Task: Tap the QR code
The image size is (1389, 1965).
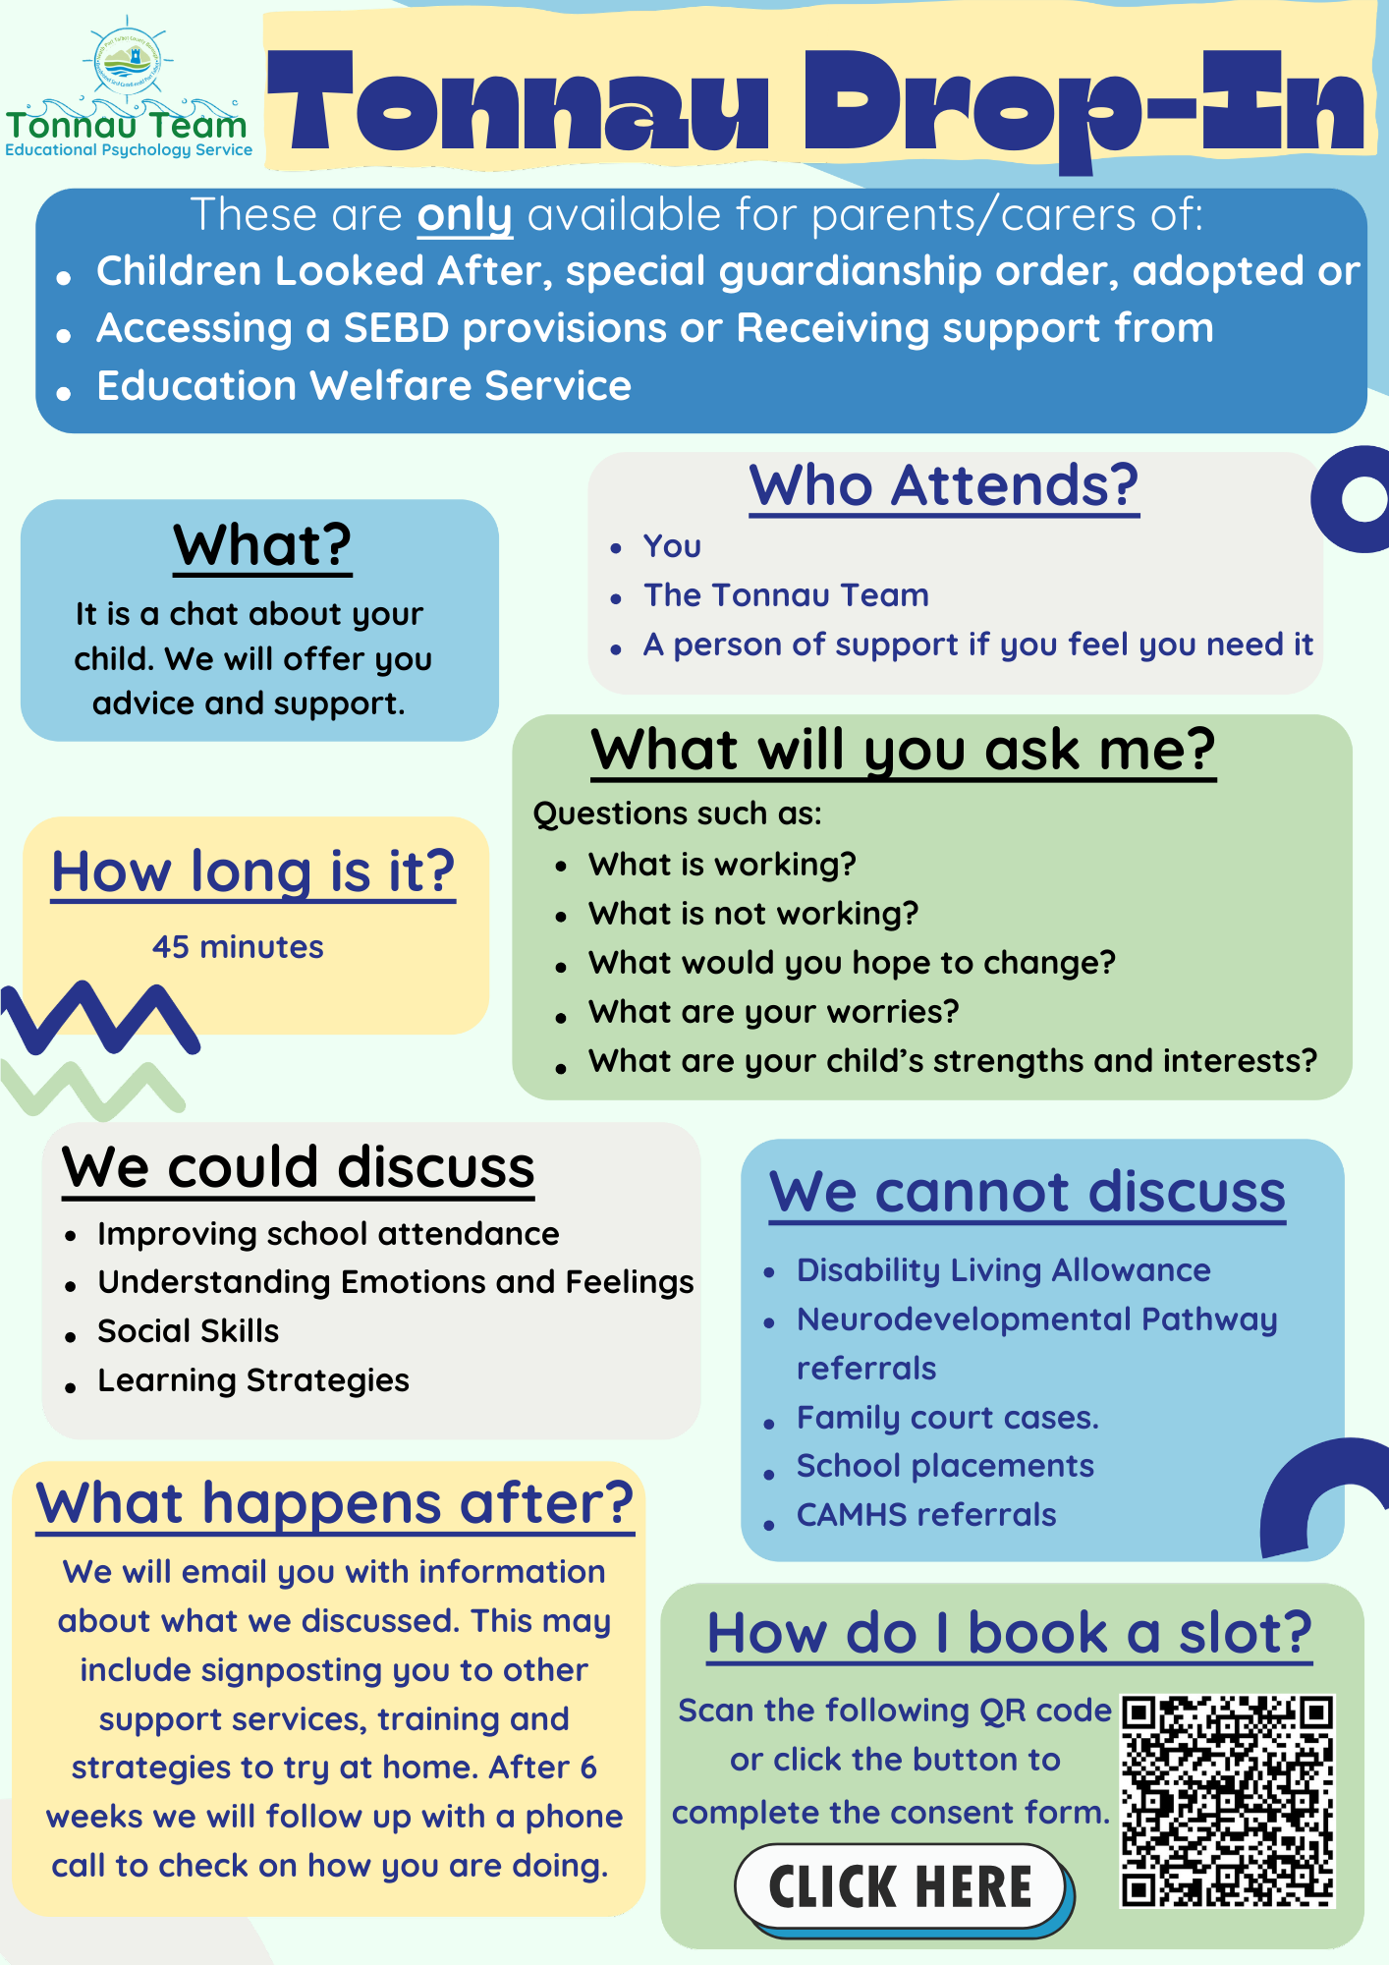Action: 1227,1800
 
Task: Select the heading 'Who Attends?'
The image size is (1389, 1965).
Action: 944,485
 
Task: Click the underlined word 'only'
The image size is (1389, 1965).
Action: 465,215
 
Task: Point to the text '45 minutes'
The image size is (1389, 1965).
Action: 238,947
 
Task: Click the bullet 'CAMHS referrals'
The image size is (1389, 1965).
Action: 926,1515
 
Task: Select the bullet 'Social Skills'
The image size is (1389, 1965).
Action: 189,1331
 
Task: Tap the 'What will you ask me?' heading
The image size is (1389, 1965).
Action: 904,751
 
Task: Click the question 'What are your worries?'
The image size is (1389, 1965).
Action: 774,1012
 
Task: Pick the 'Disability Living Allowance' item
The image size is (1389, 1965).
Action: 1004,1270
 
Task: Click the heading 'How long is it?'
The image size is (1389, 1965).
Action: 253,872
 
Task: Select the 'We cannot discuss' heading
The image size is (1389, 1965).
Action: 1028,1193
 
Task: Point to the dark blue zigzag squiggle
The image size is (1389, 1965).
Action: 98,1018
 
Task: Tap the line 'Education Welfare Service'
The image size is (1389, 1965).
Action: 364,386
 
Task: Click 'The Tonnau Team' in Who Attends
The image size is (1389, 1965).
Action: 786,595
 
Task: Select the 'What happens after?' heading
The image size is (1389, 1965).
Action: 335,1504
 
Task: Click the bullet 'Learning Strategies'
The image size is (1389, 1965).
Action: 253,1380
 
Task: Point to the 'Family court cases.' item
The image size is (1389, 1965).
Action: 948,1418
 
